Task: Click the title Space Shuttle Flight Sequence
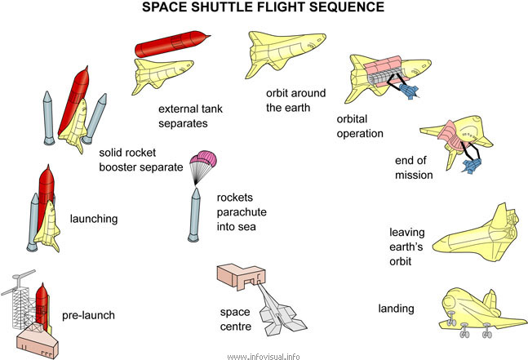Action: pyautogui.click(x=264, y=8)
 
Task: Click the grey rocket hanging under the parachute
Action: pyautogui.click(x=194, y=215)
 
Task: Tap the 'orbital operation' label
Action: pyautogui.click(x=359, y=126)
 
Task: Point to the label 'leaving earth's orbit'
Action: pyautogui.click(x=408, y=246)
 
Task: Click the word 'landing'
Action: pyautogui.click(x=397, y=309)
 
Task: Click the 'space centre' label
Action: pyautogui.click(x=237, y=319)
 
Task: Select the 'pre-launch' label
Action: pyautogui.click(x=87, y=315)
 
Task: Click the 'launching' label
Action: pyautogui.click(x=94, y=218)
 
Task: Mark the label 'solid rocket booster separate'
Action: pyautogui.click(x=140, y=160)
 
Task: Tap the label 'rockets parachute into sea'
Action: pyautogui.click(x=241, y=211)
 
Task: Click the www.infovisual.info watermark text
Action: pyautogui.click(x=264, y=355)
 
